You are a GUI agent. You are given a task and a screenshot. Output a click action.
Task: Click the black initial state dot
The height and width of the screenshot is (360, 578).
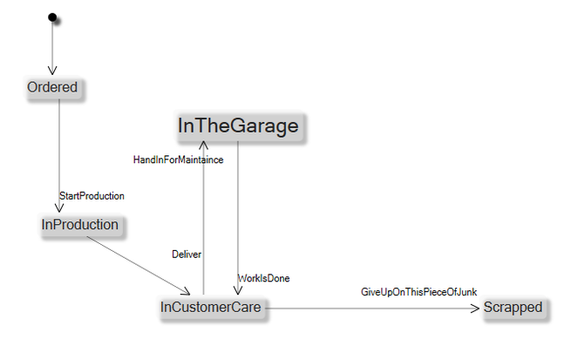[x=52, y=17]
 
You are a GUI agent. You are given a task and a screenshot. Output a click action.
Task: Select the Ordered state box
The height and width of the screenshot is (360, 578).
[x=52, y=87]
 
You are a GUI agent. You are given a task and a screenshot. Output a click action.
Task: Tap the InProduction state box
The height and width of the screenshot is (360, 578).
[x=79, y=225]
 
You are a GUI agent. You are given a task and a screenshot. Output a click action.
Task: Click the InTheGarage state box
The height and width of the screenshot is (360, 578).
[x=238, y=126]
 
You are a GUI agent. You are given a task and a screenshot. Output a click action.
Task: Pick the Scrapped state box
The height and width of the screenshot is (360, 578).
[x=513, y=307]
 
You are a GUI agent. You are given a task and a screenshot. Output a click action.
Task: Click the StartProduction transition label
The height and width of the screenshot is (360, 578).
[x=92, y=196]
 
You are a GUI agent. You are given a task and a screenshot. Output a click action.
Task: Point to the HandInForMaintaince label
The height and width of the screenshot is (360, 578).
[x=178, y=160]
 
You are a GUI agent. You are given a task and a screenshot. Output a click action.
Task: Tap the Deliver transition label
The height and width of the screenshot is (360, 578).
[x=187, y=255]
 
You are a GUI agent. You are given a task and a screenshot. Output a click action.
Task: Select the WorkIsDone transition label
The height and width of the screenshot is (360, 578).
[x=264, y=278]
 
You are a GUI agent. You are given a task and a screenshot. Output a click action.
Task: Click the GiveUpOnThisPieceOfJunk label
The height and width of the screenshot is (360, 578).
[x=418, y=291]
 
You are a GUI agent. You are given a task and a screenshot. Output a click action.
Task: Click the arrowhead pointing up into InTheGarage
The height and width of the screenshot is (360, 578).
[x=203, y=146]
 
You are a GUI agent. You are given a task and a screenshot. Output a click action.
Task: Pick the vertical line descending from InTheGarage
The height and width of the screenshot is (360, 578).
[x=238, y=209]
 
